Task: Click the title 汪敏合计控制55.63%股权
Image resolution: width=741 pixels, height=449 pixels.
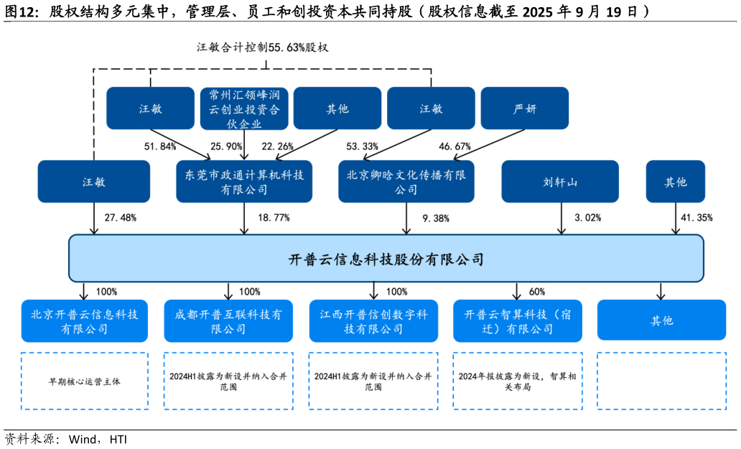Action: [262, 47]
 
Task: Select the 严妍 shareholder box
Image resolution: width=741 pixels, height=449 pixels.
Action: [524, 108]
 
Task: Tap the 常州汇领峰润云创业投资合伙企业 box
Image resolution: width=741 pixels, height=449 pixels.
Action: [244, 108]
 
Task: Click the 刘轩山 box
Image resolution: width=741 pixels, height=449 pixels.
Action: [560, 182]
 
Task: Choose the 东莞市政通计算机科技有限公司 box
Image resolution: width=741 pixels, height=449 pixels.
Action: [244, 182]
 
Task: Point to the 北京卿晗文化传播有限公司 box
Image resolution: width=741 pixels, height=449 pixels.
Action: [406, 182]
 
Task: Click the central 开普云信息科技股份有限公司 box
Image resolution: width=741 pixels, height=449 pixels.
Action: [386, 259]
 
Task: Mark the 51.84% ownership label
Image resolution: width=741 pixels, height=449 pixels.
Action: [160, 147]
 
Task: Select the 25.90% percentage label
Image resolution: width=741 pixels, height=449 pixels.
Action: [226, 147]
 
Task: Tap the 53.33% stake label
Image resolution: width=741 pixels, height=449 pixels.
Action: [362, 147]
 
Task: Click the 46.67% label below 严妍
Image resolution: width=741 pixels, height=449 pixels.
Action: [455, 147]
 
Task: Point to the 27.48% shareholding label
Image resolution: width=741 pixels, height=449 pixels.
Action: [120, 217]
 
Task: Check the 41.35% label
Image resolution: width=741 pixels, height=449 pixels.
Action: [696, 217]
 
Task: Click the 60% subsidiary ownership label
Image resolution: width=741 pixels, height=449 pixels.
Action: [536, 292]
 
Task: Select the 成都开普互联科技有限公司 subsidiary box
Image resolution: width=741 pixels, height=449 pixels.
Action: [229, 321]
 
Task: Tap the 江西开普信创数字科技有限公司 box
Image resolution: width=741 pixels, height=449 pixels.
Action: [373, 321]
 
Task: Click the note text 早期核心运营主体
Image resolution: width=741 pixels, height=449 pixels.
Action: [84, 381]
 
